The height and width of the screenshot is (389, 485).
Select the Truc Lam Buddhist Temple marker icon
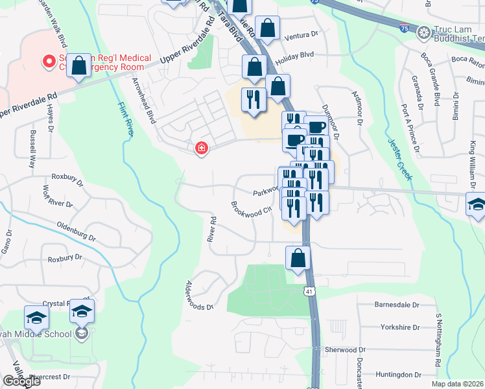point(424,32)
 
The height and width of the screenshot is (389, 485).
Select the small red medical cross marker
point(202,148)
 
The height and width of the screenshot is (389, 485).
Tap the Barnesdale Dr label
point(397,304)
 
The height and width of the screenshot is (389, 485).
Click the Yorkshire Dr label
point(400,327)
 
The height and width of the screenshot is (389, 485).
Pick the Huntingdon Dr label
point(398,374)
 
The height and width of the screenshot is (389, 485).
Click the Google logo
point(21,381)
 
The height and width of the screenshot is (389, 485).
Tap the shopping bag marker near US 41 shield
point(298,257)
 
